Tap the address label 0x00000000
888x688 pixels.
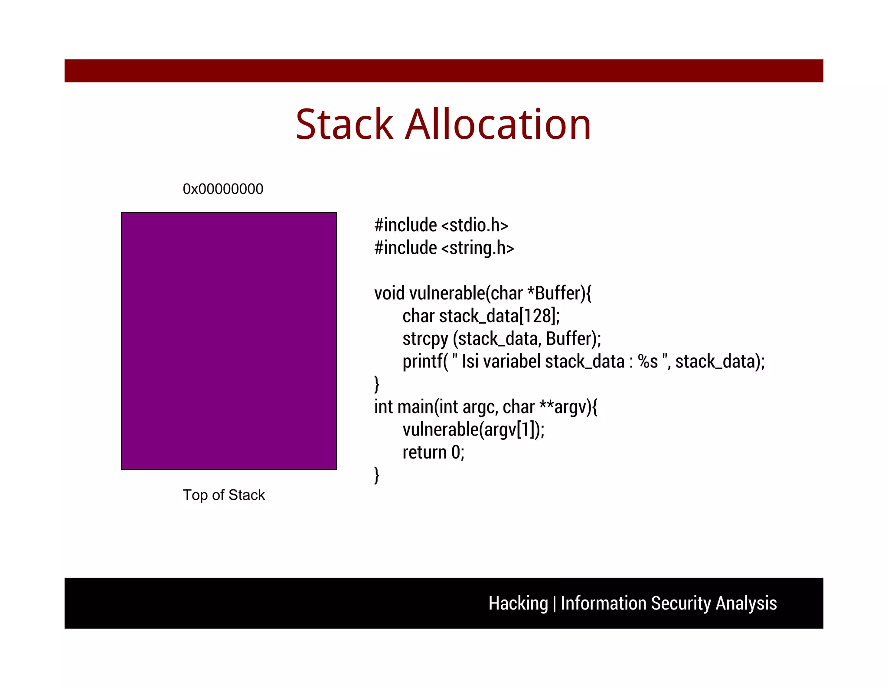point(223,189)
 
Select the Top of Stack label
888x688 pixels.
point(223,495)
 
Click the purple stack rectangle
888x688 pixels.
point(229,341)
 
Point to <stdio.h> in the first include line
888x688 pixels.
point(474,225)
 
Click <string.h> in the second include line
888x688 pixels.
point(477,248)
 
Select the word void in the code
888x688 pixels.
point(389,294)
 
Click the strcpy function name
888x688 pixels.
point(425,339)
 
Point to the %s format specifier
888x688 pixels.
point(648,362)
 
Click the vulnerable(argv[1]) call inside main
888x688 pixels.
point(473,430)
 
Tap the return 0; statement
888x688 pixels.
point(433,453)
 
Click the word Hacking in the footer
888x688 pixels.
point(518,603)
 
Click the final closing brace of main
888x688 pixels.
point(377,475)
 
